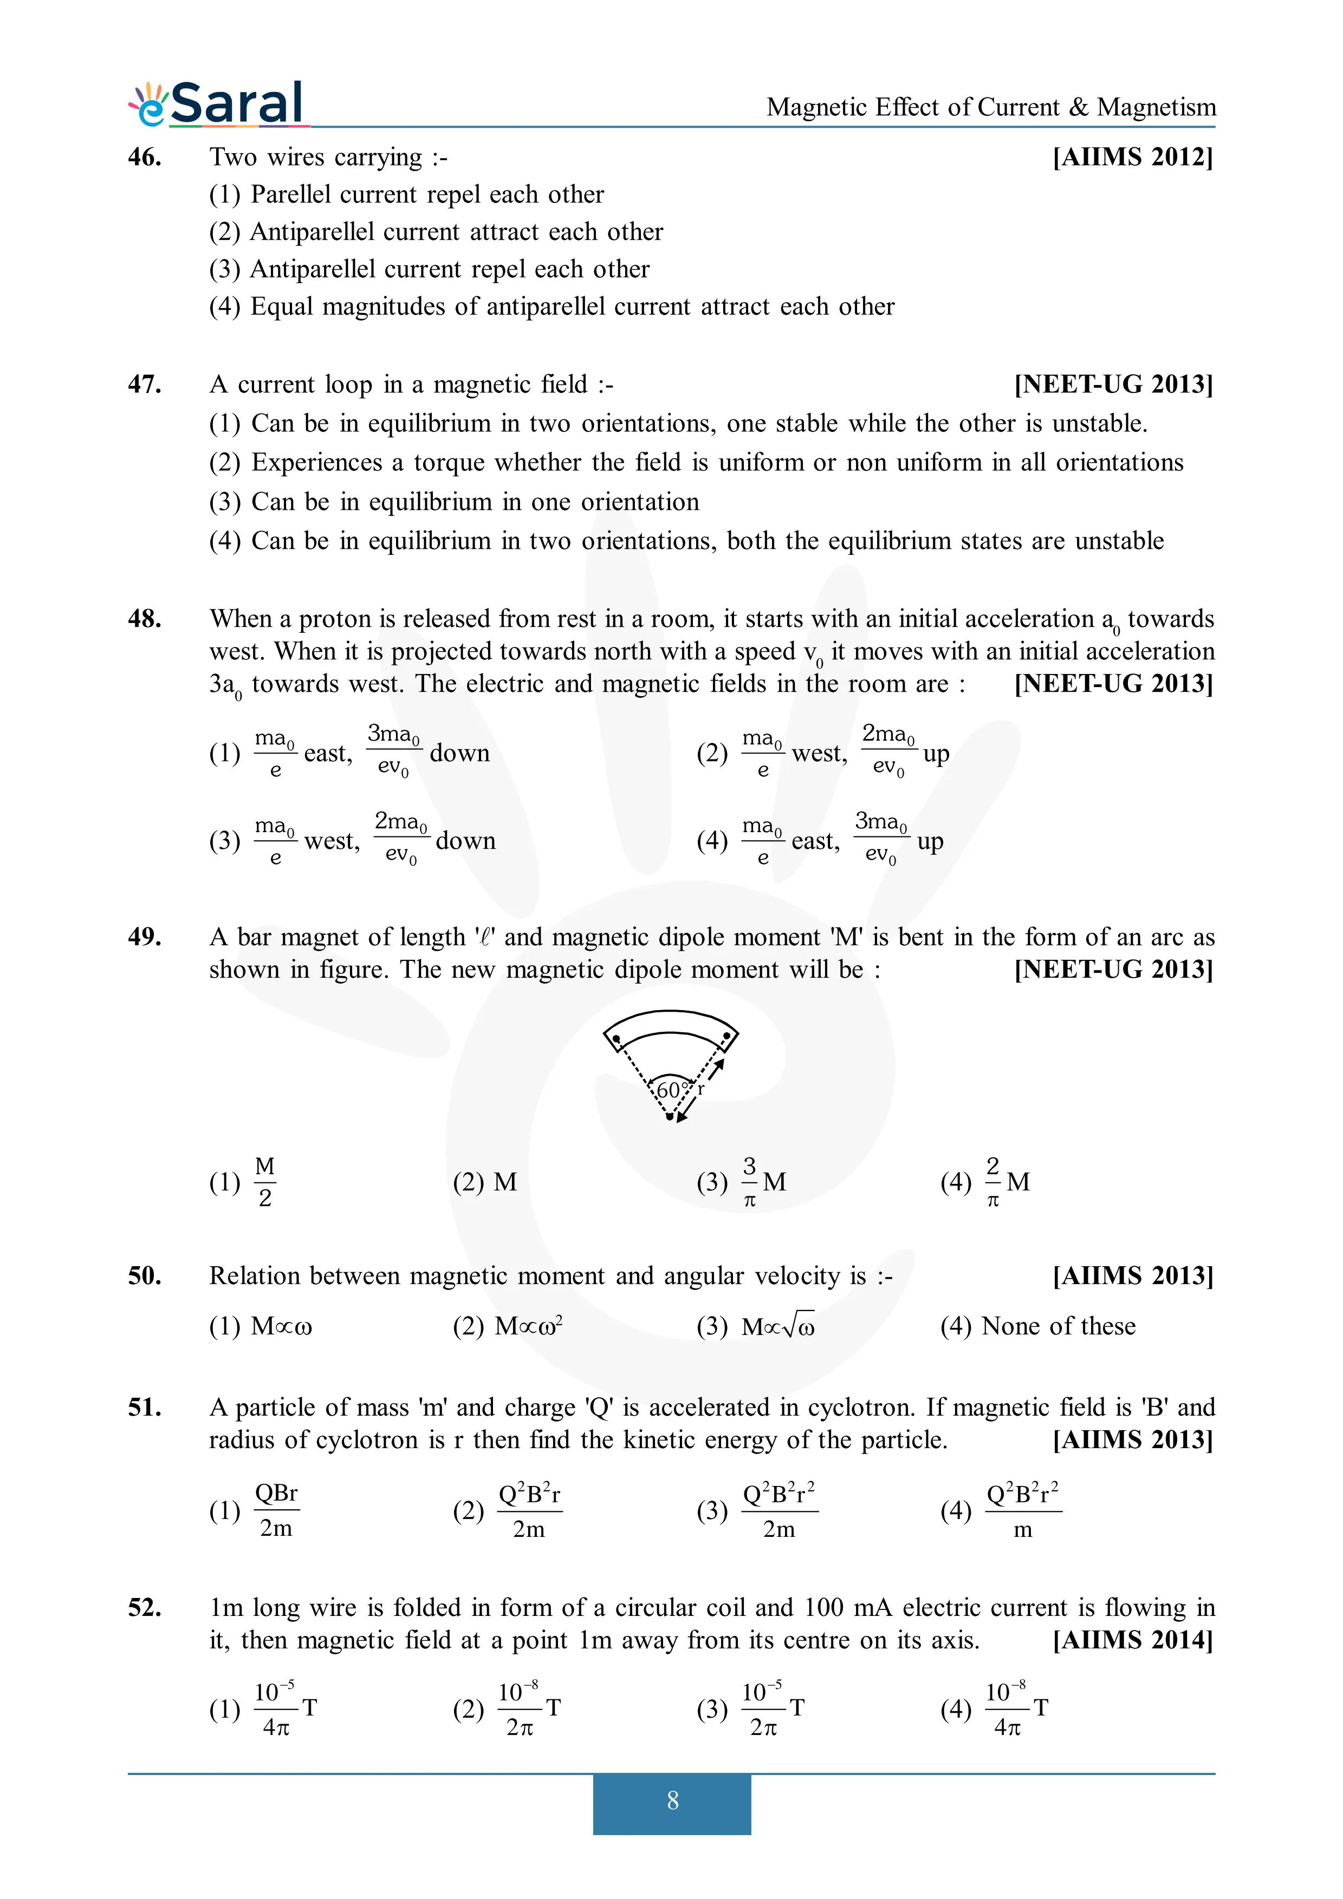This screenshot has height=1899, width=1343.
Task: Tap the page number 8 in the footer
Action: point(672,1800)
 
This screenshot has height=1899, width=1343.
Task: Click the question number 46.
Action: point(145,156)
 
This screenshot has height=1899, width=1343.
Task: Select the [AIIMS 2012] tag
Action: point(1132,156)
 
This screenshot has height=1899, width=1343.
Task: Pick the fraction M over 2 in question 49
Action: point(265,1182)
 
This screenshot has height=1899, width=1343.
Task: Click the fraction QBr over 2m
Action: point(276,1511)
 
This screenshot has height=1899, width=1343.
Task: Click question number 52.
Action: point(145,1607)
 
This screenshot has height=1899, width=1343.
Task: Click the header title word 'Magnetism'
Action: point(1156,108)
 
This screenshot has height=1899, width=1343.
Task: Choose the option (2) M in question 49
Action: point(485,1182)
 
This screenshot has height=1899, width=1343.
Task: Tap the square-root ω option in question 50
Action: point(778,1326)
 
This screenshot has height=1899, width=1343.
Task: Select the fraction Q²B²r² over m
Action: point(1023,1511)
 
